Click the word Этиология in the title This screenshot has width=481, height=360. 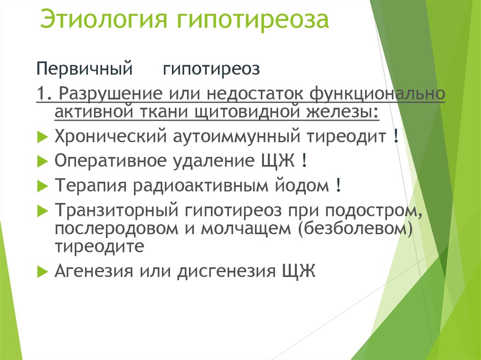(103, 19)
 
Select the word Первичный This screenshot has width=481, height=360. (85, 69)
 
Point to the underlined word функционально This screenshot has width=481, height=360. (377, 94)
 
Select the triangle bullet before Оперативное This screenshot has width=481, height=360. (43, 161)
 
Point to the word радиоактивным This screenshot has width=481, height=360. (201, 185)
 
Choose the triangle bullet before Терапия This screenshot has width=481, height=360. (43, 186)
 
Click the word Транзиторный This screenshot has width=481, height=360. (116, 210)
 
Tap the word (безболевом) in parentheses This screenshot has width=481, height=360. (355, 229)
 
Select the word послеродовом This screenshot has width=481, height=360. (116, 229)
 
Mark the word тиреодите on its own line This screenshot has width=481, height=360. (100, 246)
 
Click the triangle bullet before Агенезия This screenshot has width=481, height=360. (43, 272)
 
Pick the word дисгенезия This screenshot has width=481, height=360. (226, 271)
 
